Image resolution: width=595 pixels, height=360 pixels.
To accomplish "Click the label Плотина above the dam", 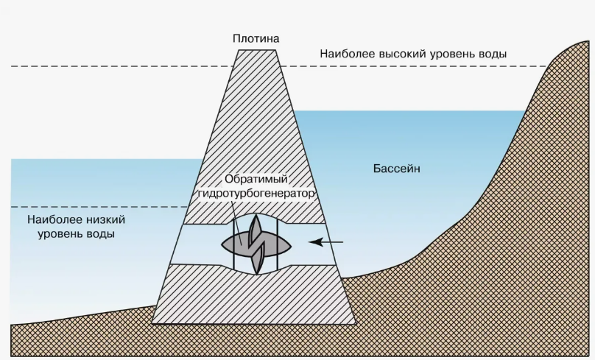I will tap(255, 38).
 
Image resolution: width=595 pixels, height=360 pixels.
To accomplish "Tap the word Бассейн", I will tap(396, 169).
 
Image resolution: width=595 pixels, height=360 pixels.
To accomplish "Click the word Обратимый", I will tap(256, 180).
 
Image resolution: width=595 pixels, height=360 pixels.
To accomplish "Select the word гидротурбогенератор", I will tap(256, 193).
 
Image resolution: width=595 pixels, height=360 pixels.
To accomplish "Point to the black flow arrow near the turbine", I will tap(326, 241).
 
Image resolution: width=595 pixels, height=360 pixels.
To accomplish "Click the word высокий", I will tap(403, 54).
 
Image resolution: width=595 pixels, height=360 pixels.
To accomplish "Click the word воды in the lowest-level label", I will tap(103, 234).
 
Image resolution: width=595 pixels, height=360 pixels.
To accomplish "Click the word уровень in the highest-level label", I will tap(451, 54).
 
